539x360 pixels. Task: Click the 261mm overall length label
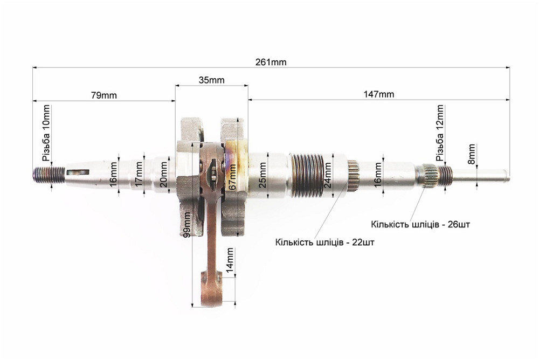click(271, 62)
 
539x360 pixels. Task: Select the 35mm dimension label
click(211, 80)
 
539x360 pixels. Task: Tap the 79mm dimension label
click(104, 95)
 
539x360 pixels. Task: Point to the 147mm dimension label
click(379, 94)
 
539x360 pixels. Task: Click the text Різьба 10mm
click(46, 134)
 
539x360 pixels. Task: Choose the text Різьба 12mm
click(440, 133)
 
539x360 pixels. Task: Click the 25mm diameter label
click(262, 175)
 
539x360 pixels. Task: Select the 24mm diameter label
click(328, 175)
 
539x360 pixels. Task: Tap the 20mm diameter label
click(164, 174)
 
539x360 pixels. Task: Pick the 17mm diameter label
click(139, 174)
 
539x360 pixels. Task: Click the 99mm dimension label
click(186, 224)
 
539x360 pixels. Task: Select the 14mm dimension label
click(230, 260)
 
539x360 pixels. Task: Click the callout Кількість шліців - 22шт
click(325, 242)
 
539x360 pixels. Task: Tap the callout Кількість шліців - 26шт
click(420, 225)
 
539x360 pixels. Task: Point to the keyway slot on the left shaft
click(78, 171)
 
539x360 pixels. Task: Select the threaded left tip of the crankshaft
click(49, 174)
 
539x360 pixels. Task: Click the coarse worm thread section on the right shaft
click(307, 176)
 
